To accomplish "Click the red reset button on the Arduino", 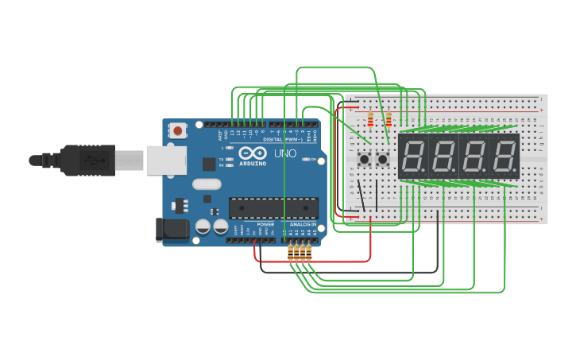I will click(x=178, y=130).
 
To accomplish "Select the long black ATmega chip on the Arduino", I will click(x=273, y=207).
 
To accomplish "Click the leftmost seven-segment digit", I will click(x=413, y=157).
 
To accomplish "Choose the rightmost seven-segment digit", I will click(x=504, y=157).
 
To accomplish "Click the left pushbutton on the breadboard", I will click(x=365, y=160).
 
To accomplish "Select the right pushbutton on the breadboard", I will click(x=383, y=160).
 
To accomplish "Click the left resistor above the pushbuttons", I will click(x=370, y=119).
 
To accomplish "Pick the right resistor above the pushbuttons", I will click(x=389, y=119).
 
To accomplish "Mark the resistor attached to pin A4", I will click(x=308, y=254).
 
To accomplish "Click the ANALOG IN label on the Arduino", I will click(x=302, y=225).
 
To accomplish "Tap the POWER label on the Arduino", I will click(x=265, y=225).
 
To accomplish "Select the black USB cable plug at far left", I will click(x=79, y=160).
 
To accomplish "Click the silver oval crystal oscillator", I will click(x=206, y=184).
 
